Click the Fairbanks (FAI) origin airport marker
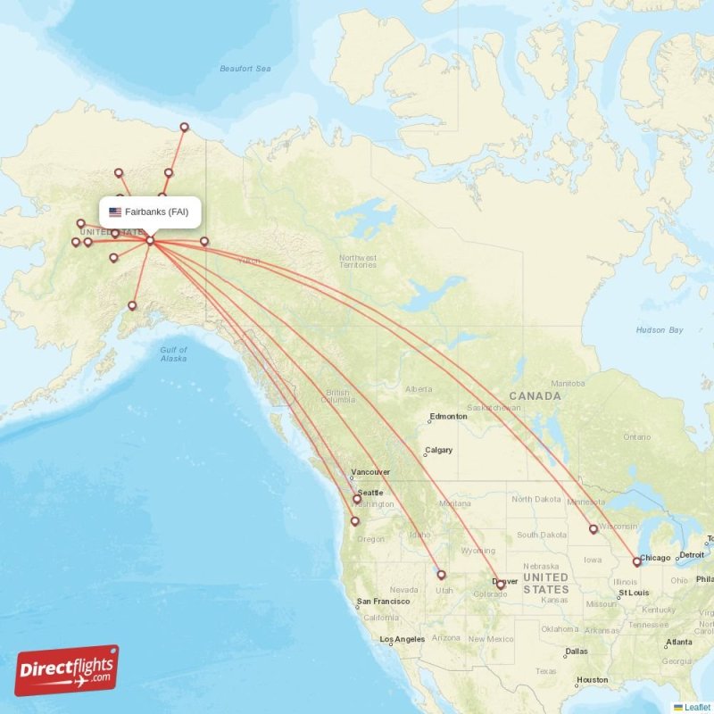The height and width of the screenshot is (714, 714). [x=150, y=240]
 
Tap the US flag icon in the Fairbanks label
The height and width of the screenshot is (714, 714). [x=115, y=212]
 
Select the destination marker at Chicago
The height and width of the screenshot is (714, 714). [x=636, y=561]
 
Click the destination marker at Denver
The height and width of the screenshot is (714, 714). [x=500, y=585]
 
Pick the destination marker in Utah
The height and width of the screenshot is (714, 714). [x=441, y=575]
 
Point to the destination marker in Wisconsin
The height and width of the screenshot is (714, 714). [x=593, y=529]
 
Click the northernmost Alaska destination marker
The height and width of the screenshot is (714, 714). [x=185, y=127]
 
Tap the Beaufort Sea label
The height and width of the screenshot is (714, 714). [x=245, y=69]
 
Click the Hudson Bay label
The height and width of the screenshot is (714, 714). [x=659, y=330]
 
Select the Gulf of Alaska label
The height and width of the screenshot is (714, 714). [x=173, y=354]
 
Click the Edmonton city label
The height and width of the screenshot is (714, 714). [x=449, y=417]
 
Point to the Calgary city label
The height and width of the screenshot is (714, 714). [x=439, y=451]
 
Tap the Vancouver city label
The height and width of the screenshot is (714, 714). [x=370, y=472]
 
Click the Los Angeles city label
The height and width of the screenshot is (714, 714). [x=403, y=640]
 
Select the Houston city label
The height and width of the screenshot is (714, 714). [x=593, y=680]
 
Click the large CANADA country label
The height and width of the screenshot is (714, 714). [x=535, y=395]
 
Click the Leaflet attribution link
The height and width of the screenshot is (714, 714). [x=697, y=707]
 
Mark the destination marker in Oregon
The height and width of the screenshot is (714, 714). [x=355, y=521]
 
